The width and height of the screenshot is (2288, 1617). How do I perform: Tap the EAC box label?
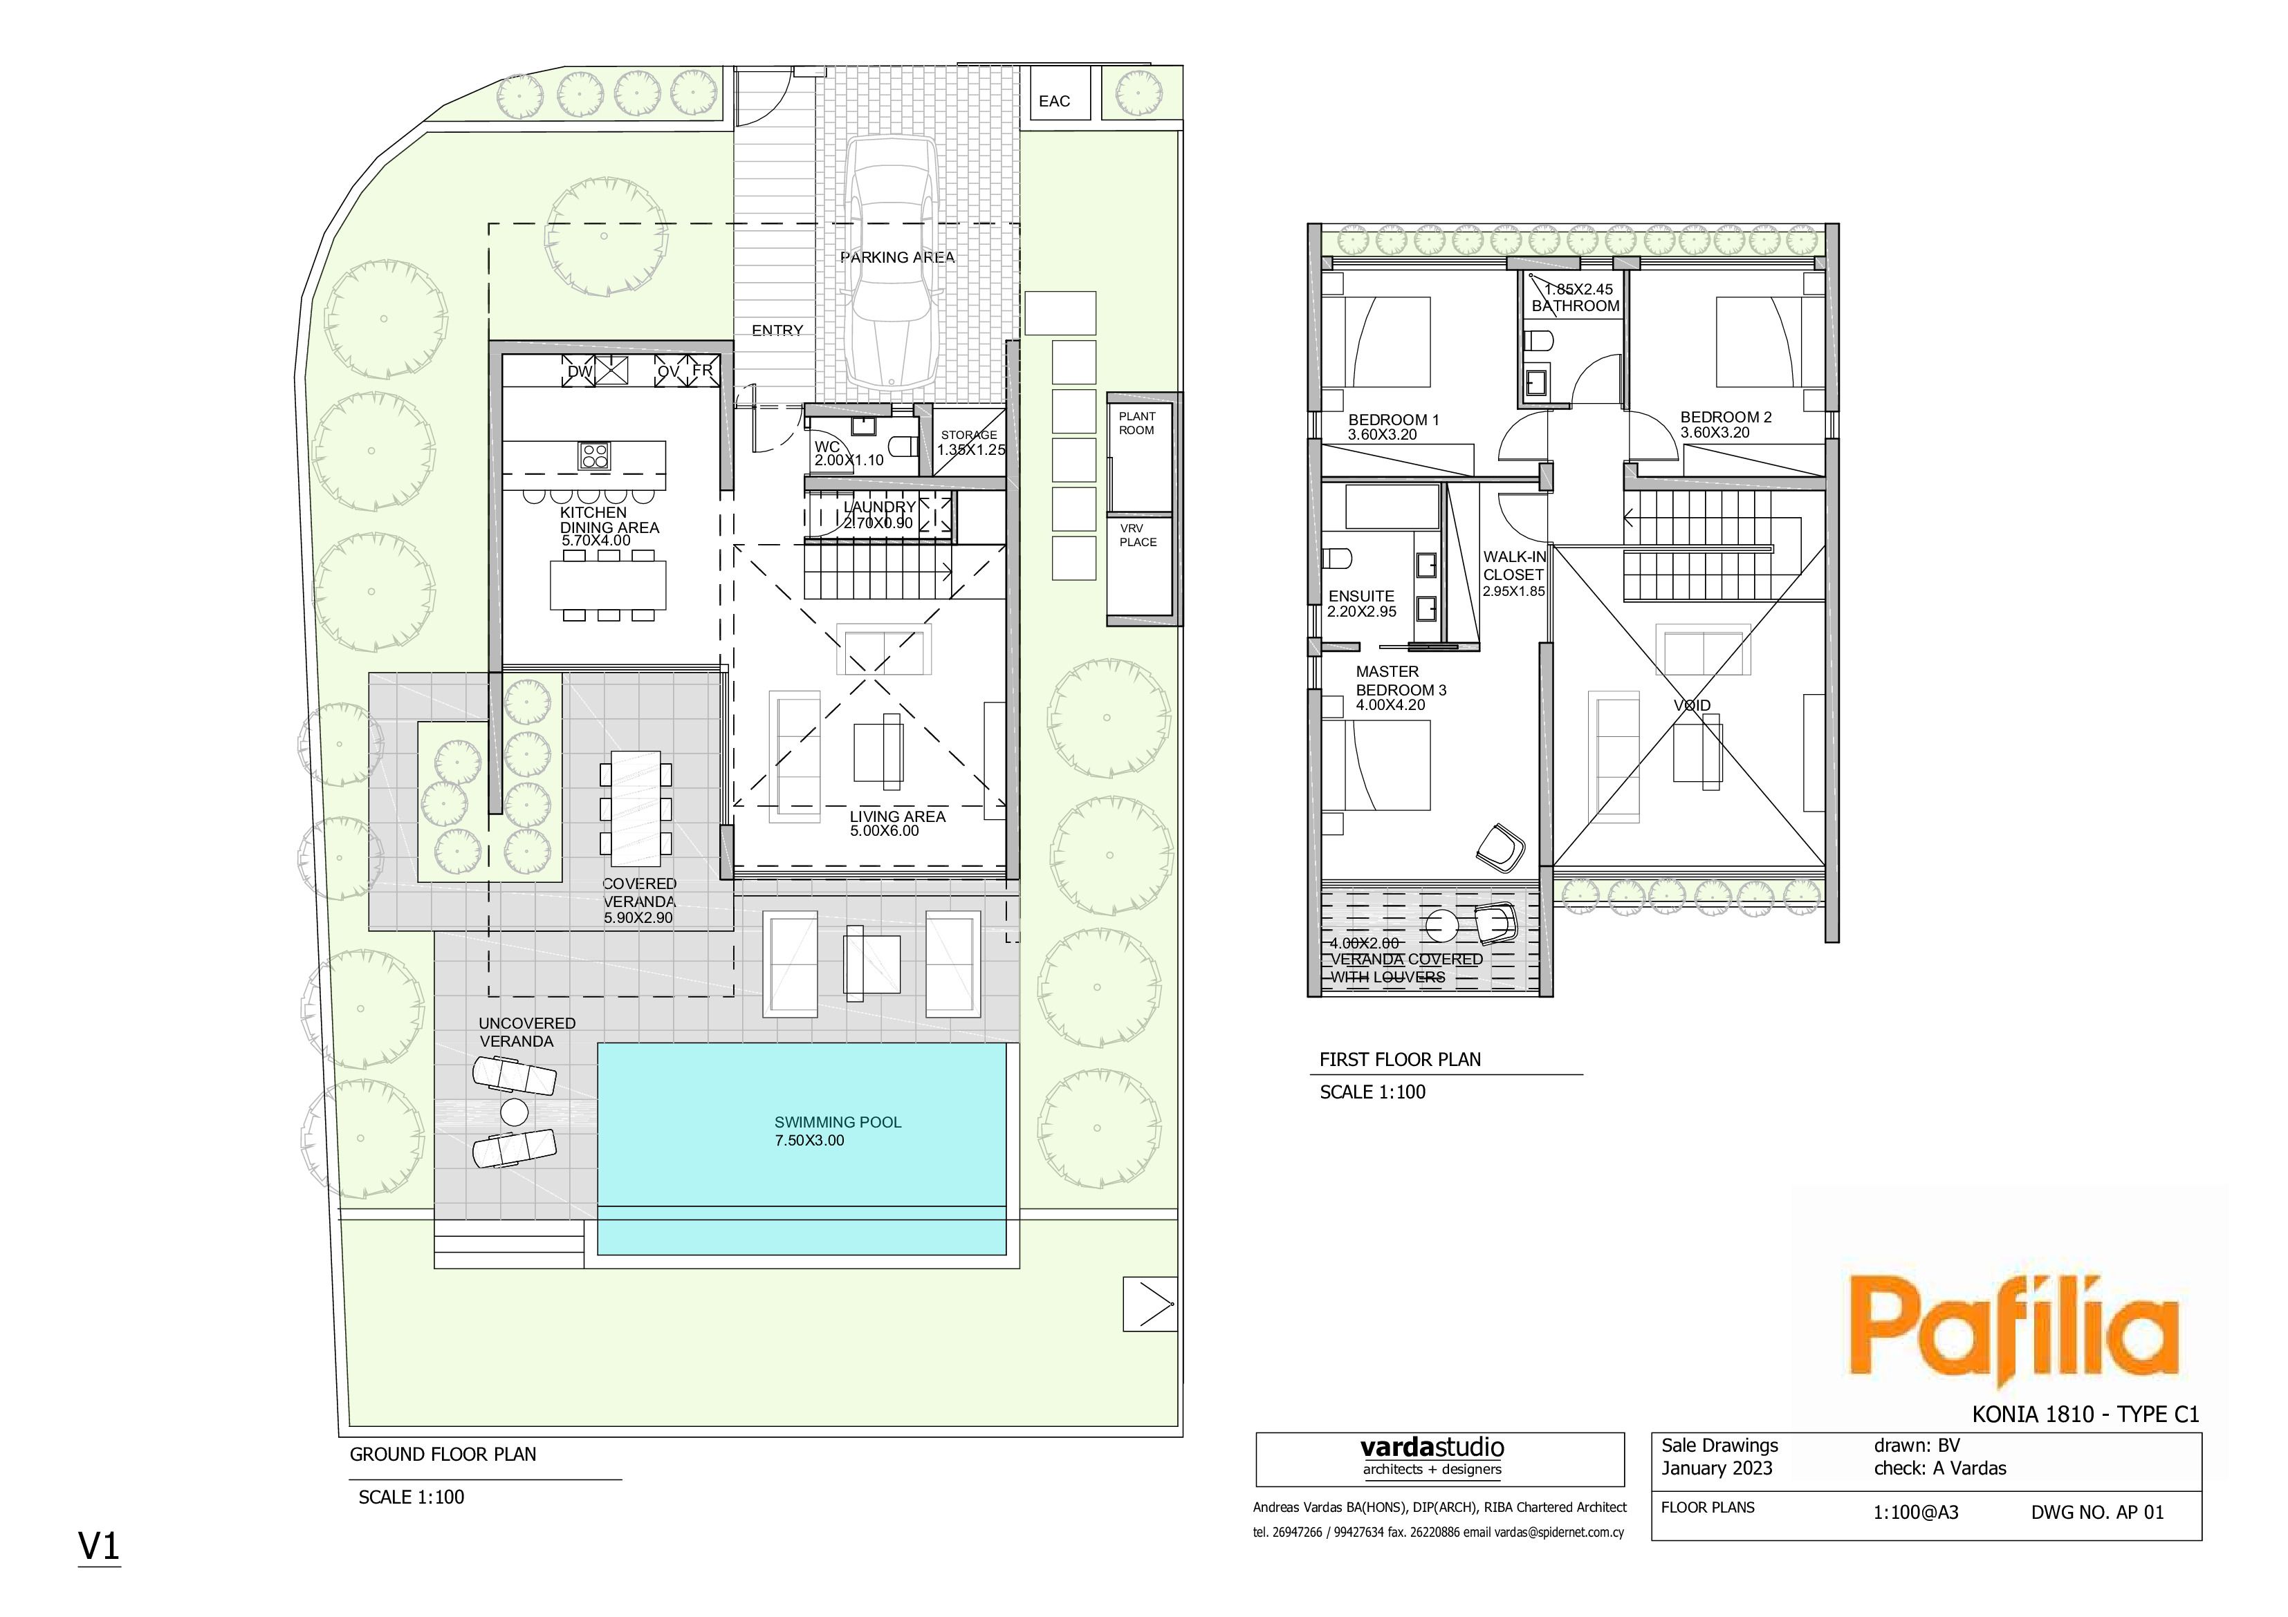[1054, 102]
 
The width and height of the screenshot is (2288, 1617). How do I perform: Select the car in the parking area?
[890, 262]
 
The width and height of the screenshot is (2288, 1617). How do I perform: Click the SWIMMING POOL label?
[838, 1122]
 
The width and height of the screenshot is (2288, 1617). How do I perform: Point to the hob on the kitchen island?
[595, 456]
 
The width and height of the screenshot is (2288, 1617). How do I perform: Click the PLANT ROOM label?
[1137, 423]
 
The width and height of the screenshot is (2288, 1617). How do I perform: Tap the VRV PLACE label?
[1138, 535]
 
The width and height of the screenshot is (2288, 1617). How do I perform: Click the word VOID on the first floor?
[1692, 705]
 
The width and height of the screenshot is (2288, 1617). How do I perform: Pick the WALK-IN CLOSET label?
[1514, 566]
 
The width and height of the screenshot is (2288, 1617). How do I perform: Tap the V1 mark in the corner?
[99, 1546]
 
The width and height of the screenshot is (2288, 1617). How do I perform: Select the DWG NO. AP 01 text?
[2098, 1513]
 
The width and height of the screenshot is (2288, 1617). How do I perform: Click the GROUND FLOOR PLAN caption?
[443, 1455]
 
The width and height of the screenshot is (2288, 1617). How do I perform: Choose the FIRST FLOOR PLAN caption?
[1400, 1060]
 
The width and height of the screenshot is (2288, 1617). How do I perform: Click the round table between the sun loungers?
[514, 1111]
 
